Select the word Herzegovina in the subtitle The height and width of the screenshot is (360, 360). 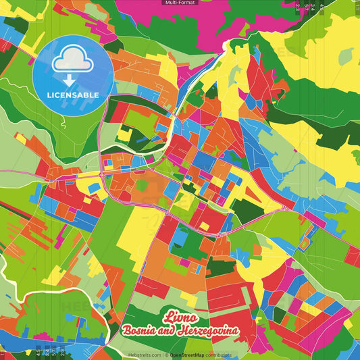click(220, 330)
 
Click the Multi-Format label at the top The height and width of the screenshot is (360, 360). click(180, 3)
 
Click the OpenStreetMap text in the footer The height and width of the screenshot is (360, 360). click(192, 355)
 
